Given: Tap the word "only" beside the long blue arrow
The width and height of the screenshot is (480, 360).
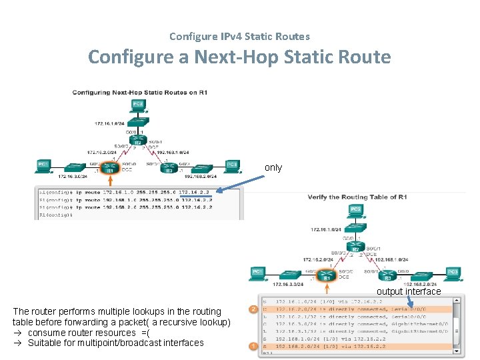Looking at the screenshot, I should point(273,167).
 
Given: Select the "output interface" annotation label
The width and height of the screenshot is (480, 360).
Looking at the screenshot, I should point(409,291).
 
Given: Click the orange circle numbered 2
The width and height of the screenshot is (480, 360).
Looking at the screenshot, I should point(253,309).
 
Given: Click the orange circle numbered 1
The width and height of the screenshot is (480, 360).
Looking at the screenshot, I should point(253,346).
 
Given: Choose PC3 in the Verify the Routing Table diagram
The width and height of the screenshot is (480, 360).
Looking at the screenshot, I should point(452,273).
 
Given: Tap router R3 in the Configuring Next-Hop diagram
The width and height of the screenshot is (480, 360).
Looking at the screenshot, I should point(169,167).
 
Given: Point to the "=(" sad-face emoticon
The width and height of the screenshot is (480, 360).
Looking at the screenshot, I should point(145,333).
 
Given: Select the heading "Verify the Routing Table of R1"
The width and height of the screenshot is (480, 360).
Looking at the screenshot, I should point(357,197).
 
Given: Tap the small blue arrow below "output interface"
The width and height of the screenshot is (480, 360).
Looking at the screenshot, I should point(411,302).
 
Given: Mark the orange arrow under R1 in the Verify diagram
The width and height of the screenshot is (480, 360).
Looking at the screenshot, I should point(327,287).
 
